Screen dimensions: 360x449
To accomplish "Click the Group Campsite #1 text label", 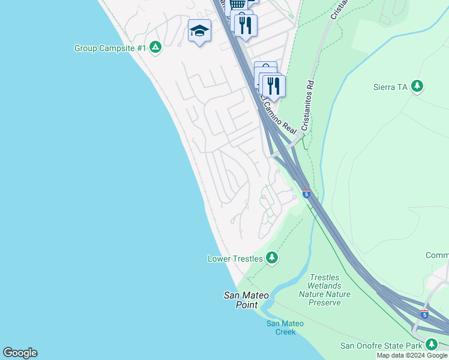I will [110, 48].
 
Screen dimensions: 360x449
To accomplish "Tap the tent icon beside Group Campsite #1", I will [155, 47].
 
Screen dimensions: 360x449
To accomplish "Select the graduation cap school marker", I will [199, 31].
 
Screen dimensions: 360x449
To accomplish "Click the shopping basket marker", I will [238, 5].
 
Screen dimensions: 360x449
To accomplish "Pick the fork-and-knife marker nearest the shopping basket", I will [245, 25].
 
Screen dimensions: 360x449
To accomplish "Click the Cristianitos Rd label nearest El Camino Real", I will [309, 107].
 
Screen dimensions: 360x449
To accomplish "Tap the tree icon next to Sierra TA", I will [417, 86].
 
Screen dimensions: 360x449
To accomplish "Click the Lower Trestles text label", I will [235, 259].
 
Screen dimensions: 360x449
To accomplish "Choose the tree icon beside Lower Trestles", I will [272, 258].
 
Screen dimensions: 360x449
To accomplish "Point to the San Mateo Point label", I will [242, 300].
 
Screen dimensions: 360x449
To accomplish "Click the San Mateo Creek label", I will [285, 328].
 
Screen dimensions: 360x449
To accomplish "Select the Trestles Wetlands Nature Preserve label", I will [324, 290].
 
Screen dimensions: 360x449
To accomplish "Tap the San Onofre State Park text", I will [381, 345].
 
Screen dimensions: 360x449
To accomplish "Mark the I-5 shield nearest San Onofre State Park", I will [425, 313].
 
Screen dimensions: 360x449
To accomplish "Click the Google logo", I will [20, 353].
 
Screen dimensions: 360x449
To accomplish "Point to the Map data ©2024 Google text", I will [412, 355].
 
